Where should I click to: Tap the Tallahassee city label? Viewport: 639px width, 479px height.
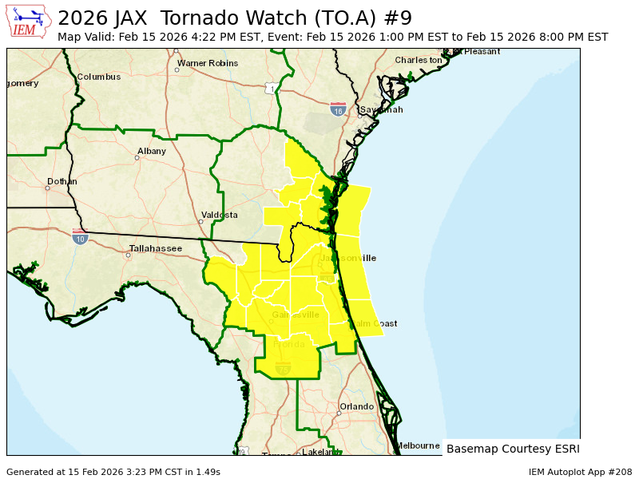tap(156, 248)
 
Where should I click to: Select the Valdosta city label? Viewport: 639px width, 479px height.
tap(219, 215)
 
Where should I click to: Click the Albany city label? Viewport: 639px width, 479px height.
tap(152, 151)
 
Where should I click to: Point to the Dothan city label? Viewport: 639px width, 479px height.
tap(62, 181)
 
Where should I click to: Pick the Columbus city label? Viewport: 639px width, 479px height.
tap(99, 77)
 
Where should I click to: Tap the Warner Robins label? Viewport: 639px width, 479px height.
tap(208, 63)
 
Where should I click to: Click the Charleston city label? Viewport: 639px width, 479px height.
tap(418, 60)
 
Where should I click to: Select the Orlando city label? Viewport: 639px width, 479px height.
tap(356, 406)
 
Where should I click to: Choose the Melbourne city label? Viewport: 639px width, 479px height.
tap(418, 445)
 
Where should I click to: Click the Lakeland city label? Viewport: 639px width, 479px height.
tap(320, 452)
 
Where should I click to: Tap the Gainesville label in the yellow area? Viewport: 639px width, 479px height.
tap(296, 315)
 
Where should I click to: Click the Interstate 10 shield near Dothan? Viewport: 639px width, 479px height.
tap(80, 237)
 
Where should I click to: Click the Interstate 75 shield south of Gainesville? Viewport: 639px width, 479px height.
tap(283, 367)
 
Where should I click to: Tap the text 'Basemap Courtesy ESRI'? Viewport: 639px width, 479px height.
tap(513, 449)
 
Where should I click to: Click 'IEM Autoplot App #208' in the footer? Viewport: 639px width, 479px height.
tap(580, 472)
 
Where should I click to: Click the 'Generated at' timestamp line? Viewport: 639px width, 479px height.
tap(113, 472)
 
